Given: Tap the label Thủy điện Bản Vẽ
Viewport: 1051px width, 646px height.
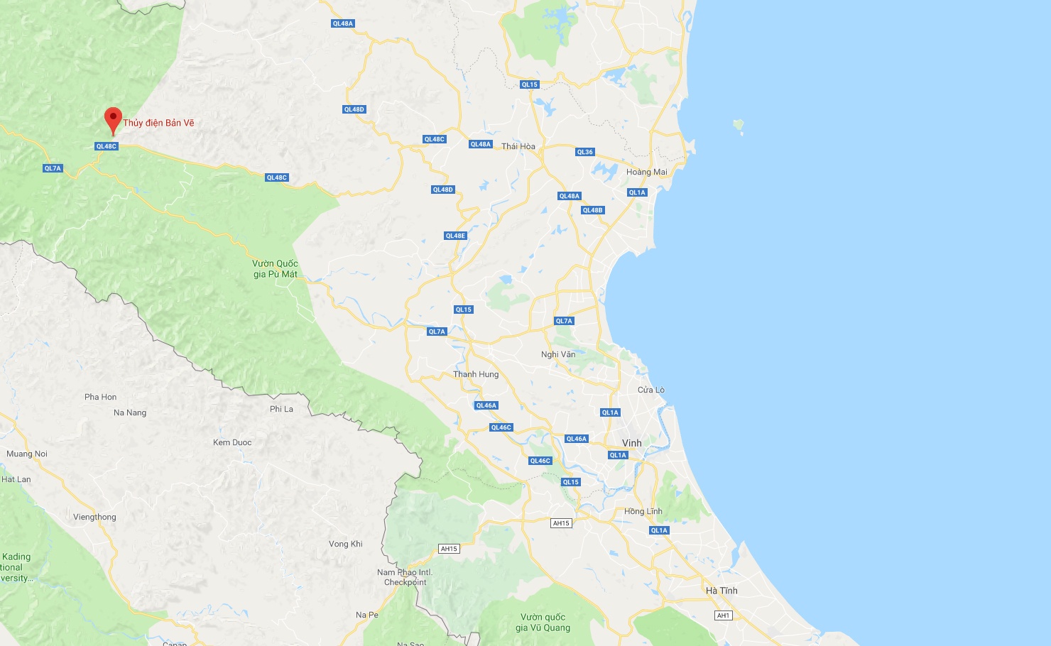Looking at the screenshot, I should [158, 123].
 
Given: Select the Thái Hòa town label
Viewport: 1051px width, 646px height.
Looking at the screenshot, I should [518, 146].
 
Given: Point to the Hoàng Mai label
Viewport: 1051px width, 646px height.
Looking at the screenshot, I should [646, 172].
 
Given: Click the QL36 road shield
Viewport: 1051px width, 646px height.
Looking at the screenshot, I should [584, 152].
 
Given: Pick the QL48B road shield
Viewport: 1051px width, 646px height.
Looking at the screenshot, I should [592, 210].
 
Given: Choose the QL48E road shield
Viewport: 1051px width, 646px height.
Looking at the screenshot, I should [455, 236].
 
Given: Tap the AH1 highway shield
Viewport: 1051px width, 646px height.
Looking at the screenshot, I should [723, 615].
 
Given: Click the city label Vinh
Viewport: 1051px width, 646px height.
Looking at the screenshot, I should [631, 443].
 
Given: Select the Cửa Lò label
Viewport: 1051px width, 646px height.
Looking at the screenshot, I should [650, 390].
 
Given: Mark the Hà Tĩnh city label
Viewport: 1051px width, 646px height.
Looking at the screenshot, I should [721, 591].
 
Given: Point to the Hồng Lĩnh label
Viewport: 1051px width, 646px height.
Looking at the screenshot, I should [643, 511].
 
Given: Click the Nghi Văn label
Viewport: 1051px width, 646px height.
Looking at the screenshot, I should [558, 354].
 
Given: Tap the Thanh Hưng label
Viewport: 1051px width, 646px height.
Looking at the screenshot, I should [476, 374].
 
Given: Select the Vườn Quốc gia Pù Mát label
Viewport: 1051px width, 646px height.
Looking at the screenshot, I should [276, 269].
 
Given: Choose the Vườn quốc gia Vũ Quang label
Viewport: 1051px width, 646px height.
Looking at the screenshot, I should [543, 622].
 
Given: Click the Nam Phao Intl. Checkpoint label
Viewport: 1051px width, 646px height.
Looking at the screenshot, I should [404, 577].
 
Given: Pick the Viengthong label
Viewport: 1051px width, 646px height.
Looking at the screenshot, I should [94, 517].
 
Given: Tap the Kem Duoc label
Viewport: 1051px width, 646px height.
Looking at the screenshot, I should [232, 442].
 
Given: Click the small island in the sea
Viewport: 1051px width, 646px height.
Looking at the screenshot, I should [739, 126].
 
